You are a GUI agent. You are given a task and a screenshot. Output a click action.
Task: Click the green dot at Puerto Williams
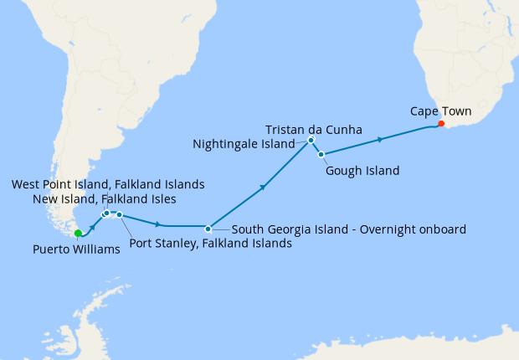(78, 234)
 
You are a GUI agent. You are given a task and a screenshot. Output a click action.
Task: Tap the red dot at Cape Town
(441, 125)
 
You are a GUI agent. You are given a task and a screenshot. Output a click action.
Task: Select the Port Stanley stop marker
(120, 215)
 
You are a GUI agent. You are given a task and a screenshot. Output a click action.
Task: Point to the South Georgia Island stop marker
(208, 227)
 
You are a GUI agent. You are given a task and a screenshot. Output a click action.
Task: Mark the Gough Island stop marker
(319, 154)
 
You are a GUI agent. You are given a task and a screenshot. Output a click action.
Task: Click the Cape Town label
(440, 111)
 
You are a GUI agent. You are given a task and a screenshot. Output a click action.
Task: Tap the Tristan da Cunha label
(313, 130)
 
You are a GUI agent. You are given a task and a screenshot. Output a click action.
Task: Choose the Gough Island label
(362, 171)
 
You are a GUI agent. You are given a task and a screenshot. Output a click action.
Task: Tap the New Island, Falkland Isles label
(105, 199)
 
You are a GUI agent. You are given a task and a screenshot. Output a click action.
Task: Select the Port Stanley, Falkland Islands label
(211, 244)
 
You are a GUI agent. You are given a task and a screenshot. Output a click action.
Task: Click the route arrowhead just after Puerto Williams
(95, 226)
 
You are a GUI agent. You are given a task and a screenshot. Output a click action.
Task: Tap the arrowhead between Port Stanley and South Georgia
(157, 224)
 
